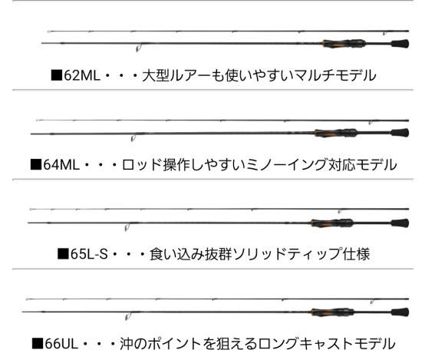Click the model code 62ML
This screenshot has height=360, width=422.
(x=82, y=75)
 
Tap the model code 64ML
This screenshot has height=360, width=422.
(x=61, y=164)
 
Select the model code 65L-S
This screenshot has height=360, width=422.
(x=89, y=254)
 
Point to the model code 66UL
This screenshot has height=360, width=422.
(x=61, y=344)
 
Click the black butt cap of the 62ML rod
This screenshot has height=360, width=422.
(x=401, y=44)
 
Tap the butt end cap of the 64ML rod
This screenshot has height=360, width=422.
(x=401, y=133)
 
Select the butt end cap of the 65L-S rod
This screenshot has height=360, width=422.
(x=401, y=223)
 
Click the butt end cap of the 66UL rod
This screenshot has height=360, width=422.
(x=401, y=312)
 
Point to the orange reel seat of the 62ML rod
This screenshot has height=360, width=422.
(x=344, y=44)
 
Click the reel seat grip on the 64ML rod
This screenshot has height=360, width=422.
(x=336, y=133)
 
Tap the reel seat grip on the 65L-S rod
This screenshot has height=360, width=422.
(x=332, y=223)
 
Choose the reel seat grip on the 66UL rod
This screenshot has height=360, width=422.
(x=332, y=312)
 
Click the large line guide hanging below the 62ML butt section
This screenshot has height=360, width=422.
(x=138, y=48)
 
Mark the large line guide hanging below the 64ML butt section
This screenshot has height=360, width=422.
(x=133, y=138)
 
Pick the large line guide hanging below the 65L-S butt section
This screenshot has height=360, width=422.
(x=127, y=228)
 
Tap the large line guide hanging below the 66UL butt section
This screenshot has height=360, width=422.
(x=127, y=317)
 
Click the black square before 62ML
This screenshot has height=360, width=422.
(x=57, y=75)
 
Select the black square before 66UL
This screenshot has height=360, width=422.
(x=38, y=343)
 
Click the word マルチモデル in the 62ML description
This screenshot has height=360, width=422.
(x=335, y=75)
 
